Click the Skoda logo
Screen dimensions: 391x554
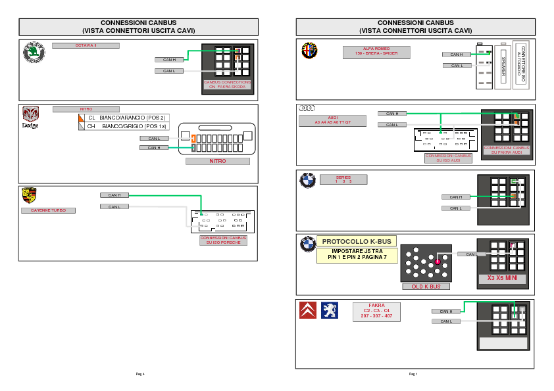point(34,53)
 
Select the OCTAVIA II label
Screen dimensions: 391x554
point(86,46)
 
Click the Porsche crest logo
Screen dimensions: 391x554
point(29,195)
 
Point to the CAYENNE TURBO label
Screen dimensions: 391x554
point(48,211)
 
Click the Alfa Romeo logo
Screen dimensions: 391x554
point(309,50)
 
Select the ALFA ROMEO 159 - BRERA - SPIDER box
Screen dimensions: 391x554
point(376,53)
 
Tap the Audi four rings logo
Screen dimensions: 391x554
point(308,108)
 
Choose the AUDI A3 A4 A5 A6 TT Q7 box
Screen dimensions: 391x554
point(332,120)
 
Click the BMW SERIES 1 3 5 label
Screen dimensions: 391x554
point(343,179)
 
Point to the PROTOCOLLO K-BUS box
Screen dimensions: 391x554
point(357,241)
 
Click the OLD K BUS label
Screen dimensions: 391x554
point(426,287)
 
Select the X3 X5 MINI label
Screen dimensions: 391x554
point(502,278)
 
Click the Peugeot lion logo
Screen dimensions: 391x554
point(330,310)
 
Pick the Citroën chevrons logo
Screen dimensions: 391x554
point(307,310)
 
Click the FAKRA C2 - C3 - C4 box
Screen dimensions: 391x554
point(376,311)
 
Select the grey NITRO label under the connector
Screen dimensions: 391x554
point(217,161)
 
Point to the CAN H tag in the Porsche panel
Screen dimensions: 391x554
point(114,195)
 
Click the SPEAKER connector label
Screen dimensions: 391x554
point(503,67)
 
